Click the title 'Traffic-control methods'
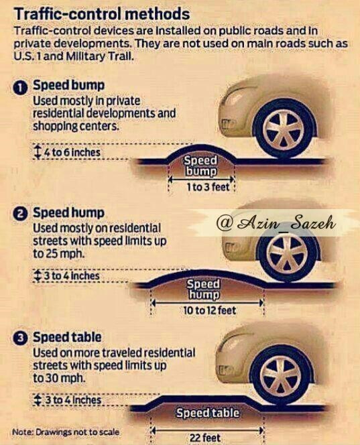click(102, 13)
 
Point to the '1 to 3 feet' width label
click(208, 187)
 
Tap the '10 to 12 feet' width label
click(210, 310)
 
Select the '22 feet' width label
click(205, 438)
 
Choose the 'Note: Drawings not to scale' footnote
click(66, 432)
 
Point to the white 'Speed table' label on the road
click(208, 413)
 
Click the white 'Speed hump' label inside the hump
click(203, 290)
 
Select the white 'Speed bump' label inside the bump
click(200, 166)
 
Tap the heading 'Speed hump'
click(68, 213)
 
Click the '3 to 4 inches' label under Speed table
click(73, 400)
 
